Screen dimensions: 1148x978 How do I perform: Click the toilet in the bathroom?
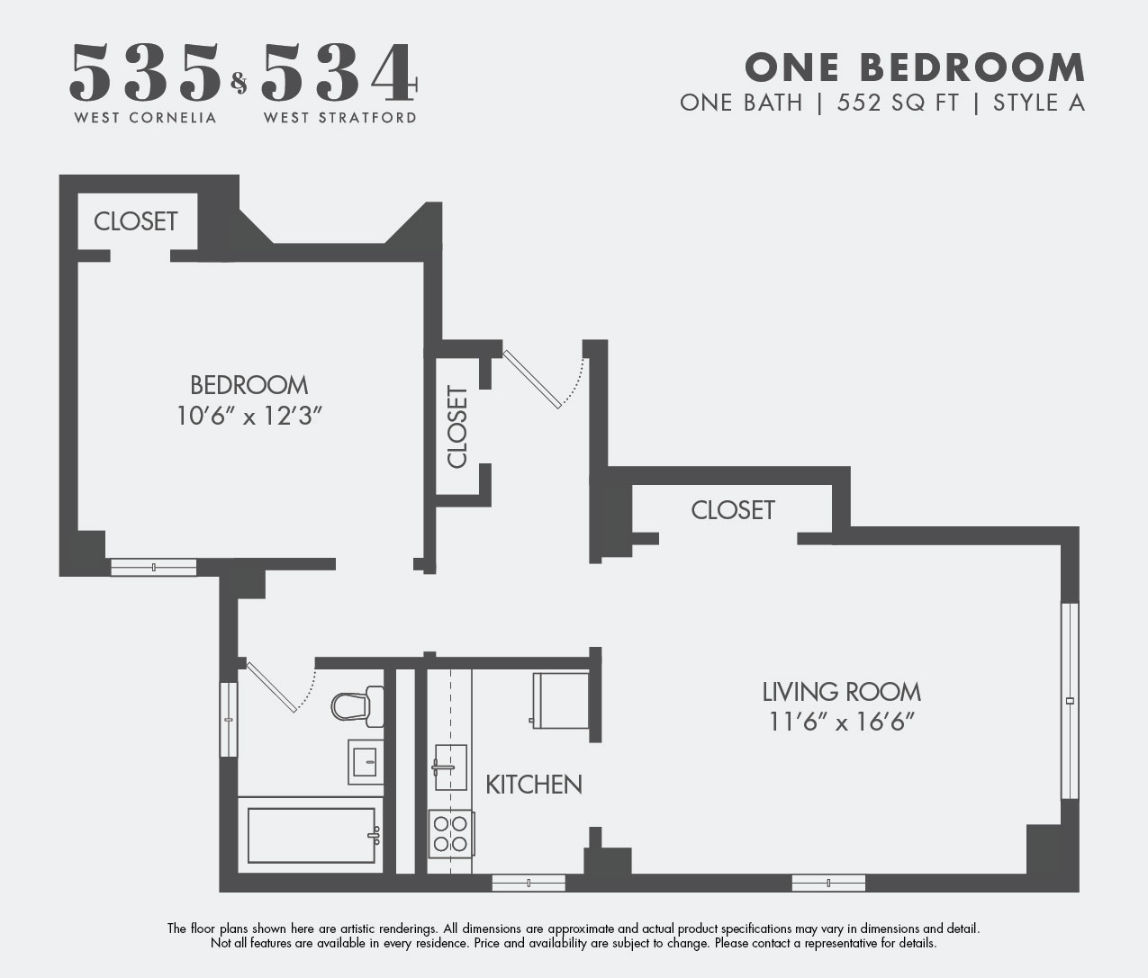(x=357, y=706)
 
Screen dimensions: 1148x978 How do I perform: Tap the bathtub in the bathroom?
(x=311, y=835)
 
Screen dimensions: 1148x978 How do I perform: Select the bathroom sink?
(x=366, y=761)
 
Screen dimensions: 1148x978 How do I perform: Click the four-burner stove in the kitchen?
(x=450, y=834)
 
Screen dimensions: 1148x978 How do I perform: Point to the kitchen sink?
(x=450, y=767)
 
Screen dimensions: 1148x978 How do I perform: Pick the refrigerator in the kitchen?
(x=560, y=701)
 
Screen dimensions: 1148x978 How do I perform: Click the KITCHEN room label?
(x=534, y=785)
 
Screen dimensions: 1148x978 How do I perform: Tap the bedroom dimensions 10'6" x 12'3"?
(x=249, y=416)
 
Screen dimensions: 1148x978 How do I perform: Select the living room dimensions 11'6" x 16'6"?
(x=842, y=722)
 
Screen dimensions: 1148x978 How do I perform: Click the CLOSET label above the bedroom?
(x=136, y=221)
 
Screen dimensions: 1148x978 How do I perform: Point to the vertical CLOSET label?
(x=457, y=427)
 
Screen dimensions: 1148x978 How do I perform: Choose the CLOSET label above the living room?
(x=733, y=510)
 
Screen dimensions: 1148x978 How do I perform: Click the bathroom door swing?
(x=282, y=687)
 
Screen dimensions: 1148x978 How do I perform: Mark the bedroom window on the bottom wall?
(x=153, y=567)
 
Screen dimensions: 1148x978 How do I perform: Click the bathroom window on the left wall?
(x=229, y=719)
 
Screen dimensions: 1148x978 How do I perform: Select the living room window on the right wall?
(x=1070, y=701)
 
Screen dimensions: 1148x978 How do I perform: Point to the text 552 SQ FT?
(x=898, y=103)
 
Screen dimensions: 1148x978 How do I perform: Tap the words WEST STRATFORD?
(x=340, y=118)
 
